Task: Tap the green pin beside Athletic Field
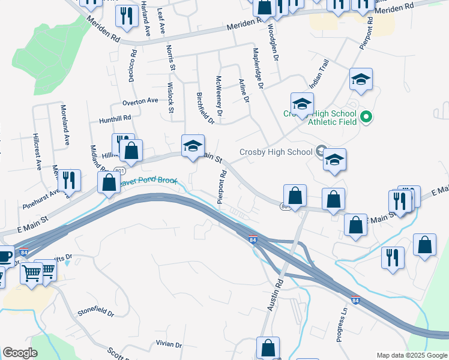pos(368,118)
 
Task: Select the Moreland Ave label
pos(64,125)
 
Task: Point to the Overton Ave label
pos(139,101)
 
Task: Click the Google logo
pos(20,353)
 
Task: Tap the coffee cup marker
pos(5,257)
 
